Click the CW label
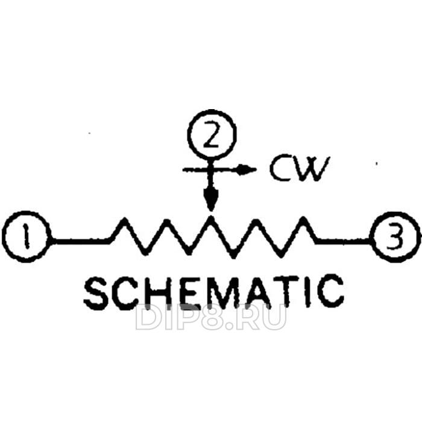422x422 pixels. click(x=300, y=169)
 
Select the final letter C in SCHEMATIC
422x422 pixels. click(x=330, y=291)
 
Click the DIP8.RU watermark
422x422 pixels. click(x=210, y=317)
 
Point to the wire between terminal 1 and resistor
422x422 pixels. click(x=81, y=241)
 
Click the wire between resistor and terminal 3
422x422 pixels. click(x=344, y=241)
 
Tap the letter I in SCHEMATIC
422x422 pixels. click(x=309, y=292)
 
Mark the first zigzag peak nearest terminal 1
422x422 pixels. click(x=125, y=219)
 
